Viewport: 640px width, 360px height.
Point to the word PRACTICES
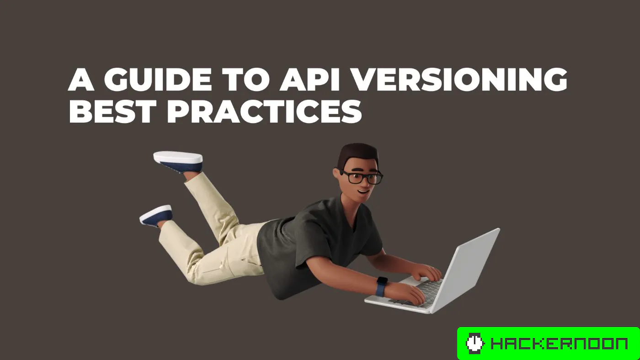click(x=264, y=112)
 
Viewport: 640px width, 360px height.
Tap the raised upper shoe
click(x=178, y=161)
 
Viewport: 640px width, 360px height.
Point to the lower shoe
click(x=156, y=215)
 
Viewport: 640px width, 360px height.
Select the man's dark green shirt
click(x=315, y=242)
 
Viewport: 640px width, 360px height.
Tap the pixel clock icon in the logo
click(x=475, y=344)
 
